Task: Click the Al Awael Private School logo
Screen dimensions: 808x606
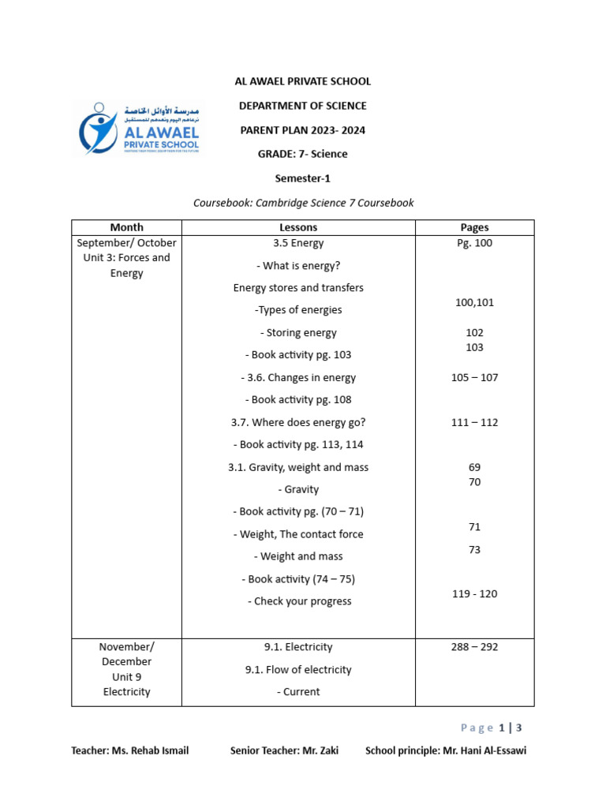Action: click(139, 129)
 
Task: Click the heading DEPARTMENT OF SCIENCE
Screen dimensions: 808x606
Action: click(303, 106)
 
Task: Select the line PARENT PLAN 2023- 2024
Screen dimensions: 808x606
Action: click(303, 130)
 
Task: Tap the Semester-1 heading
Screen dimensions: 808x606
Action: click(303, 178)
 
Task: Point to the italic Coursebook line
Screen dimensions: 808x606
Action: click(303, 203)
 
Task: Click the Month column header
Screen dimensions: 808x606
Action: click(126, 227)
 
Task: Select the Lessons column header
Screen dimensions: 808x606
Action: click(298, 227)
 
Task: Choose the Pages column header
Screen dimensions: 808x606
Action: click(474, 227)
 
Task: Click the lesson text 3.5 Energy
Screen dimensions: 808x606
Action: click(298, 243)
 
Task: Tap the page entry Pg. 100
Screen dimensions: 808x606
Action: click(474, 243)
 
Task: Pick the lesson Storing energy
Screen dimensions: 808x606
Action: click(298, 333)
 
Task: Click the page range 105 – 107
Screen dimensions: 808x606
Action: click(474, 378)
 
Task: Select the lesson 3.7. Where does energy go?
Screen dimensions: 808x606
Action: click(298, 422)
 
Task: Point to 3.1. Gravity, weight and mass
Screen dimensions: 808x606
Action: click(298, 467)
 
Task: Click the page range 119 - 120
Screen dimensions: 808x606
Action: click(474, 594)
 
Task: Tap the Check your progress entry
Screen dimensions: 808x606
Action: click(298, 601)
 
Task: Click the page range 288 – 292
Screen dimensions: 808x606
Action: click(474, 647)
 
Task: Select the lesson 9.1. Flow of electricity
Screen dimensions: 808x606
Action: click(298, 670)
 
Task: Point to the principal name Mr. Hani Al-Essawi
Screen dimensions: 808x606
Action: click(484, 750)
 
